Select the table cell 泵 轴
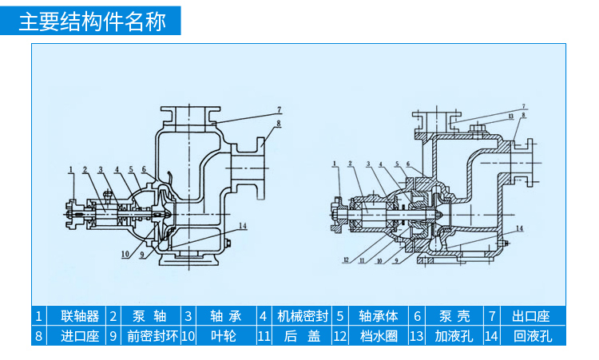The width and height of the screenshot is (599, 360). tap(150, 315)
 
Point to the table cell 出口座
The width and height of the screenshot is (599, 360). tap(531, 315)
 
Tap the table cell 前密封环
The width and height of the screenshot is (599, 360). tap(150, 335)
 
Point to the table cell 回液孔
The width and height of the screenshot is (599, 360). tap(531, 335)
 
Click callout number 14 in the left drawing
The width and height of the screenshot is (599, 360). tap(242, 226)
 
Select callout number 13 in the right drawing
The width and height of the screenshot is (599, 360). tap(509, 116)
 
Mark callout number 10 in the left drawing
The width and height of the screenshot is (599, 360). tap(125, 255)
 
